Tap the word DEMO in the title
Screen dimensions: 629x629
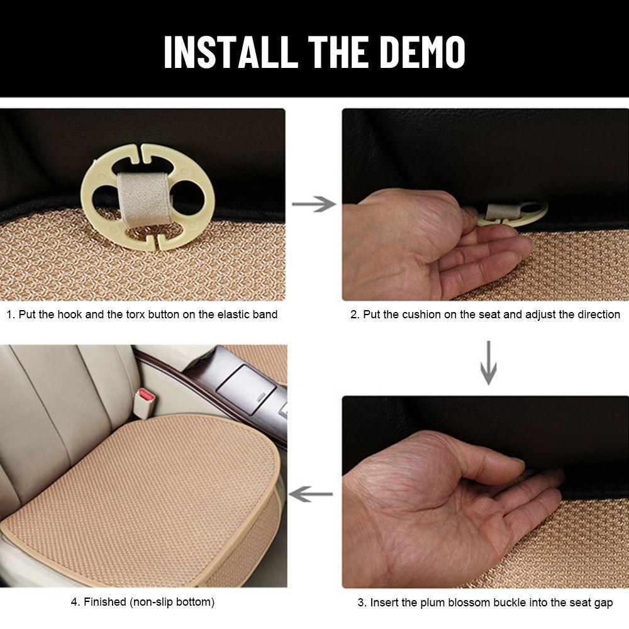422,52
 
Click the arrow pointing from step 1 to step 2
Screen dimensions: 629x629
314,204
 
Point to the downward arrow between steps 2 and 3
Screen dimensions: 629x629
488,363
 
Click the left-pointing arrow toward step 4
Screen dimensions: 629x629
311,494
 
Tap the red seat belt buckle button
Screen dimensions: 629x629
146,396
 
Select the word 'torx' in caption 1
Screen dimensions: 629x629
135,314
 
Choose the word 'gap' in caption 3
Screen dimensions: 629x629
604,603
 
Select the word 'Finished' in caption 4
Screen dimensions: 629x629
105,602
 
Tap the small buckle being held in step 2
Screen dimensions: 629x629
512,213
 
